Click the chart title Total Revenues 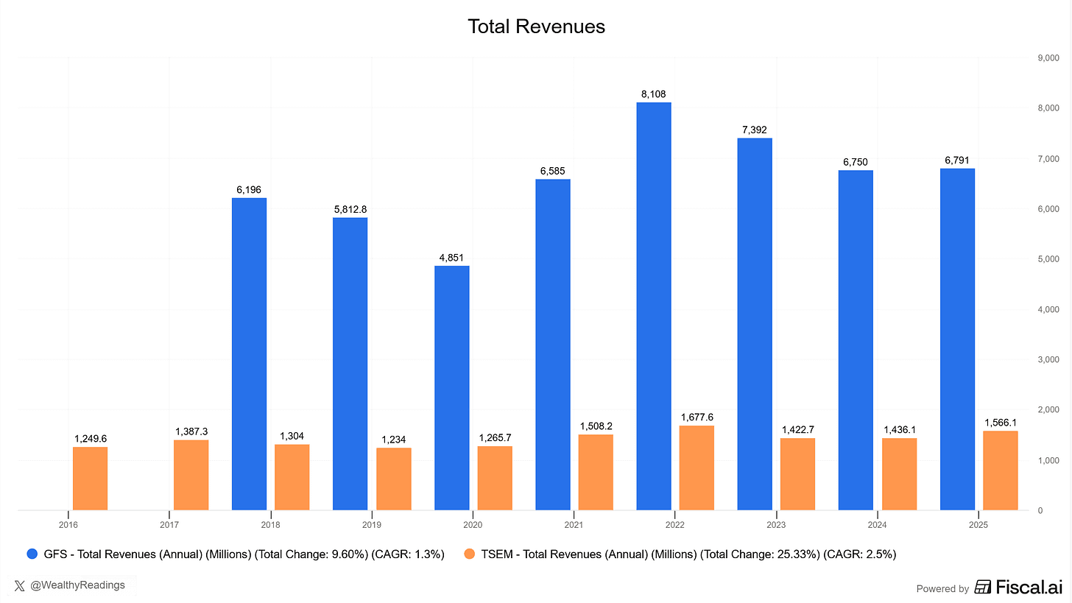(536, 27)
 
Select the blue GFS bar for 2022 (654, 306)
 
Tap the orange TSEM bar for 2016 (90, 479)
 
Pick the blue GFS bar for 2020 (451, 388)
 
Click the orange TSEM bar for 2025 (1001, 470)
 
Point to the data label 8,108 (654, 94)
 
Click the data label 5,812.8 (350, 209)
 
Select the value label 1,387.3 (191, 431)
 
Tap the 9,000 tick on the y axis (1048, 58)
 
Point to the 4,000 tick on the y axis (1048, 309)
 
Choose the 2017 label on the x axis (169, 525)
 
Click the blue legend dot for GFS (32, 554)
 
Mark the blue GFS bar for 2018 (249, 354)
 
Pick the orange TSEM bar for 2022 (697, 468)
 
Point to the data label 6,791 (957, 161)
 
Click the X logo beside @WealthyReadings (21, 585)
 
